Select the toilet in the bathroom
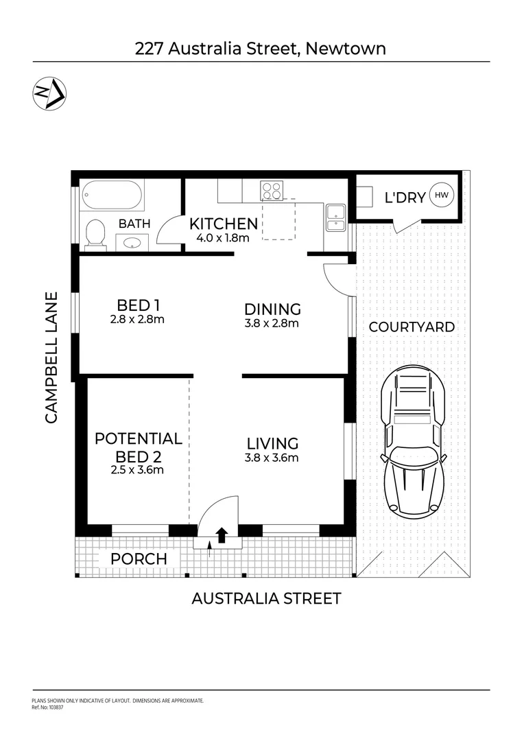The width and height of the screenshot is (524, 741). pos(95,233)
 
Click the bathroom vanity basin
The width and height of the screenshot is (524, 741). pos(132,242)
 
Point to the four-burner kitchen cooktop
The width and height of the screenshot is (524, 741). pos(271,190)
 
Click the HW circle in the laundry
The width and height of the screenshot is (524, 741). pos(441,196)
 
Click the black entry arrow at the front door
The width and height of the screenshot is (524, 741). pos(222,535)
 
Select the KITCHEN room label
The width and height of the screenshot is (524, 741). pos(224,224)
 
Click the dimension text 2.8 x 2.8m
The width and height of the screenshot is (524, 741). pos(137,320)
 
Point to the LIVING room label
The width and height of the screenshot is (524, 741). pos(273,443)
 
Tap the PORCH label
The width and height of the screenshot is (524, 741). pos(139,558)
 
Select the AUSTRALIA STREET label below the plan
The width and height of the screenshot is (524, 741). pos(266,598)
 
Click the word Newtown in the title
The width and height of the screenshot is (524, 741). pos(346,48)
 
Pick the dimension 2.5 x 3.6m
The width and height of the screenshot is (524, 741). pos(137,471)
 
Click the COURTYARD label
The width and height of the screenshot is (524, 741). pos(412,327)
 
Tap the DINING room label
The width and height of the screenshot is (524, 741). pos(273,309)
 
